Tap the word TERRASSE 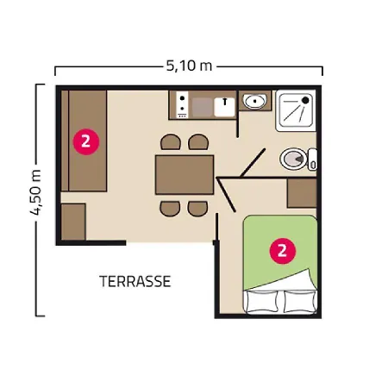tap(135, 281)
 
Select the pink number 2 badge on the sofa tap(84, 140)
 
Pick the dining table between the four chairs tap(184, 175)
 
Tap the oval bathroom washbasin tap(254, 103)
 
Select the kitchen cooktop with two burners tap(182, 105)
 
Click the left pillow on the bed tap(263, 301)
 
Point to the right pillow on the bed tap(298, 301)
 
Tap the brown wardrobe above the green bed tap(304, 194)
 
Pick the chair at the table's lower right tap(197, 208)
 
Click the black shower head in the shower tap(304, 101)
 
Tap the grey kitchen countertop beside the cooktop tap(203, 107)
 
